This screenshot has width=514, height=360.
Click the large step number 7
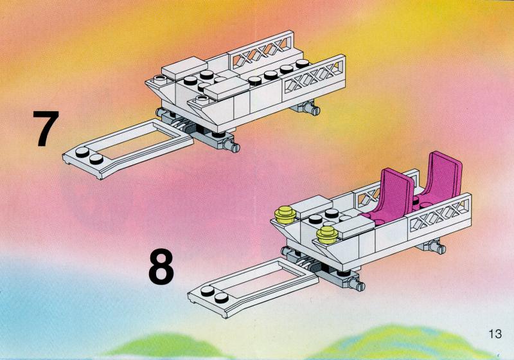pyautogui.click(x=46, y=129)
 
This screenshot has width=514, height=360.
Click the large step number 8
pyautogui.click(x=161, y=266)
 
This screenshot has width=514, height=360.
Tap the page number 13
pyautogui.click(x=495, y=334)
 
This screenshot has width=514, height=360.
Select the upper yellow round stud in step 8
pyautogui.click(x=285, y=215)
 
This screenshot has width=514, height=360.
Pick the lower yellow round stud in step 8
pyautogui.click(x=327, y=235)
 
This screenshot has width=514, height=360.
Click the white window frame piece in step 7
pyautogui.click(x=128, y=149)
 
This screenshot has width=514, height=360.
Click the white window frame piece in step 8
pyautogui.click(x=253, y=287)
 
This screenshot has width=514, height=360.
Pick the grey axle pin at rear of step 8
pyautogui.click(x=436, y=247)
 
